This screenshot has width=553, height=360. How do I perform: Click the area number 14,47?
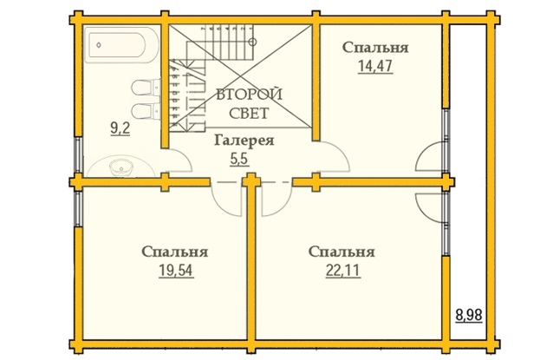click(375, 66)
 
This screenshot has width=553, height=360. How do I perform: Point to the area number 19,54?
click(176, 271)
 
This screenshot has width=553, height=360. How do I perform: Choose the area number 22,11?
click(342, 271)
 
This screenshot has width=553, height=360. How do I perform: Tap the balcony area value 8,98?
click(469, 315)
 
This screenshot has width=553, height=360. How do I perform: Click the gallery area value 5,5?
click(239, 160)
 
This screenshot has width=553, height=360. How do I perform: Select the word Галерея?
click(244, 141)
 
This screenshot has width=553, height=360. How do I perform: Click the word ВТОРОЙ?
click(249, 95)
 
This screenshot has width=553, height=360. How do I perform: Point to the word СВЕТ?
click(249, 114)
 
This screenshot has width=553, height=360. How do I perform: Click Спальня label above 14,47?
click(375, 48)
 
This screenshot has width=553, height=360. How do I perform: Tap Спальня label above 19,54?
click(175, 252)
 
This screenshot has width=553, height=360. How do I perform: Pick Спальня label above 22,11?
click(342, 252)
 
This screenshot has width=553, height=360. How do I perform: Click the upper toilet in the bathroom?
click(146, 87)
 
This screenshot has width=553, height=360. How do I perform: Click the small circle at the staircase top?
click(252, 42)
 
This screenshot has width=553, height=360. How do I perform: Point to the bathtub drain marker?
click(99, 45)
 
